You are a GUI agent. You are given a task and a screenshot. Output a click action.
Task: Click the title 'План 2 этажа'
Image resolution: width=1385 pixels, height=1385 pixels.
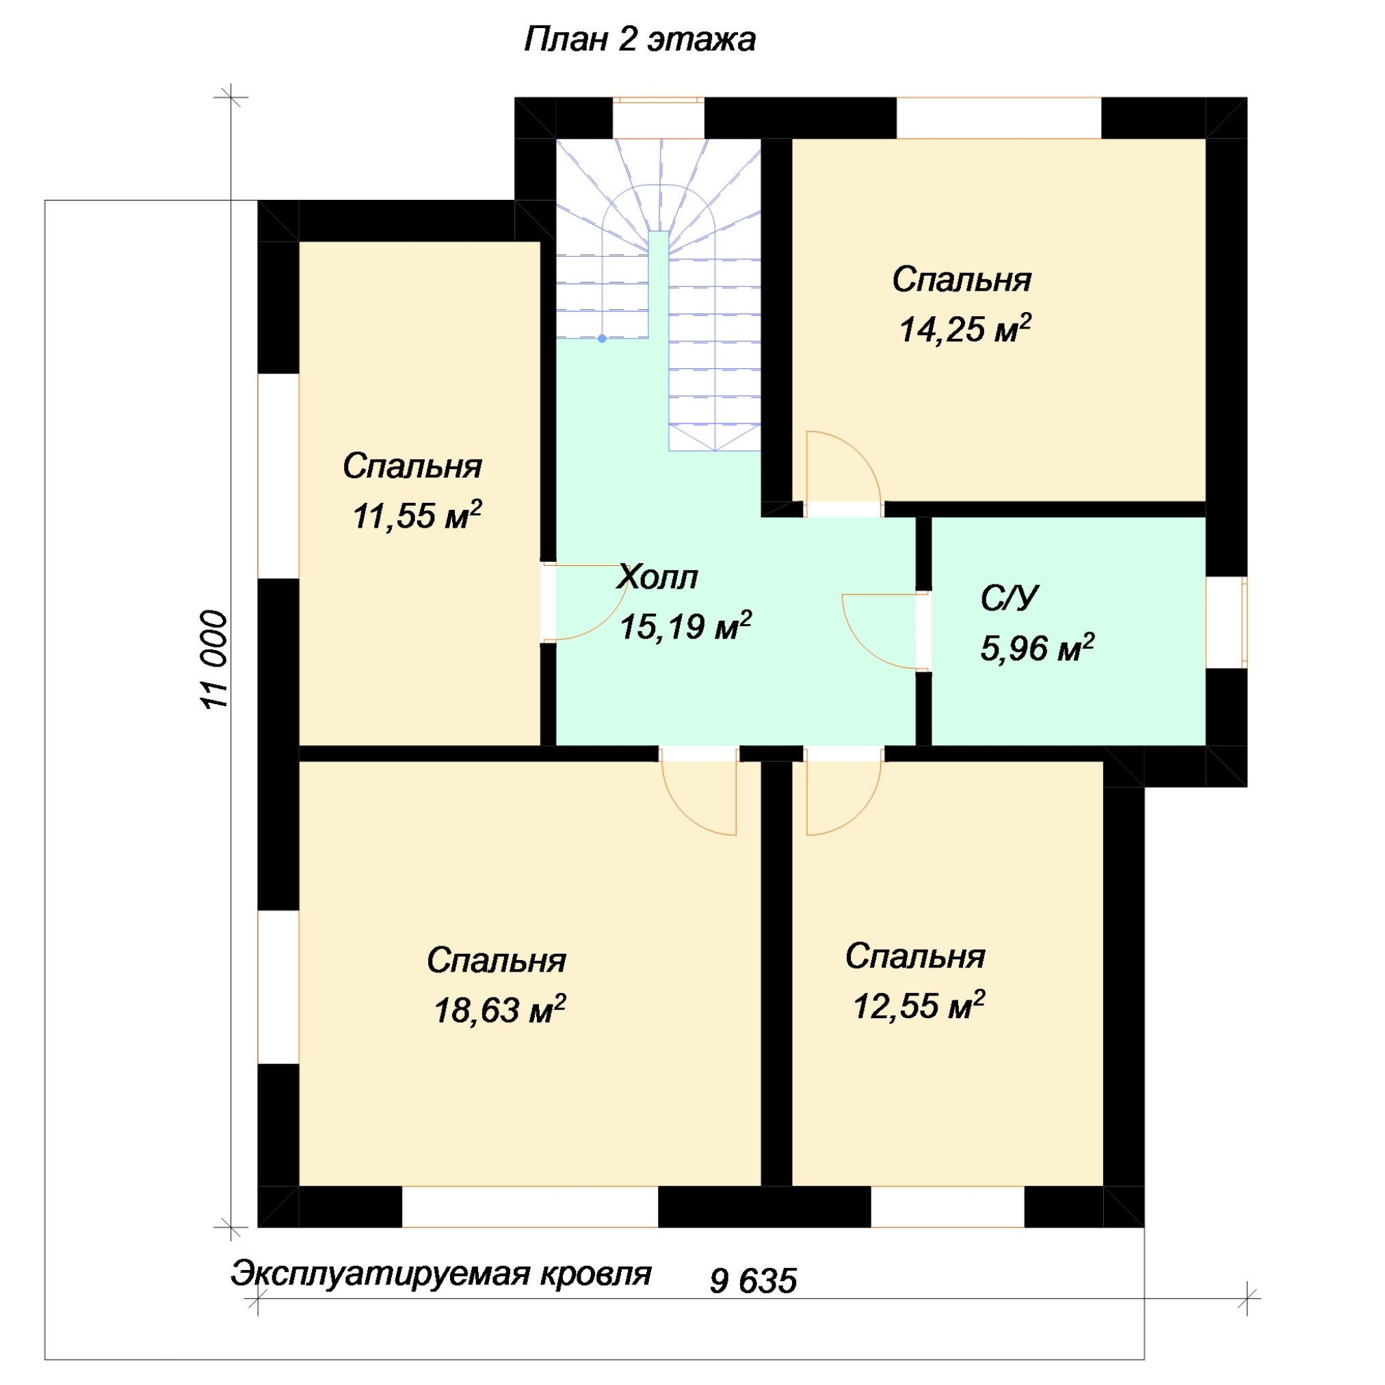pos(639,40)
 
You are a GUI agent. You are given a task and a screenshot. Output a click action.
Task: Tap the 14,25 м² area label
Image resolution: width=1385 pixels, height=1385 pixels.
pos(965,329)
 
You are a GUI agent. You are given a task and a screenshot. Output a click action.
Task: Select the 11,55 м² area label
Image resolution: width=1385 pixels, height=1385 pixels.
pos(417,515)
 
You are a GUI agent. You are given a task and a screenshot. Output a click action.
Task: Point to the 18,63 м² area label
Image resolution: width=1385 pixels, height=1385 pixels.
pos(500,1009)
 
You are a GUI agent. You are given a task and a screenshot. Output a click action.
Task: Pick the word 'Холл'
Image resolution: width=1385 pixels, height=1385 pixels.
pos(657,578)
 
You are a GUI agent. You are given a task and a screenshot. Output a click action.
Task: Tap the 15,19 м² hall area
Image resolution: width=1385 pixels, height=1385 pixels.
pos(685,626)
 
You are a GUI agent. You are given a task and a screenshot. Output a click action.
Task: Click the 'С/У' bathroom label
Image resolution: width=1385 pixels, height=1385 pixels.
pos(1010,598)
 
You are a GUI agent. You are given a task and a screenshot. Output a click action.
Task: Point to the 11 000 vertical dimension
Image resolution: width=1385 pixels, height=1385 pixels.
pos(213,660)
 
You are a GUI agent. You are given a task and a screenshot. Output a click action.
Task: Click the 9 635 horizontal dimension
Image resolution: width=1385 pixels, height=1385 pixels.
pos(754,1281)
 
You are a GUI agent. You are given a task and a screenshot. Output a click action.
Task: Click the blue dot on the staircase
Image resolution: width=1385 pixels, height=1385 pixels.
pos(602,339)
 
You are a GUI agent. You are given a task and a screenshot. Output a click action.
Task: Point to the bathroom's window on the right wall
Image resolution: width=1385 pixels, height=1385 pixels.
pos(1226,622)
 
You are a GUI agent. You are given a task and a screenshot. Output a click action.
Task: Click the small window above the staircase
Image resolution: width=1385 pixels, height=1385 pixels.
pos(658,118)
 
